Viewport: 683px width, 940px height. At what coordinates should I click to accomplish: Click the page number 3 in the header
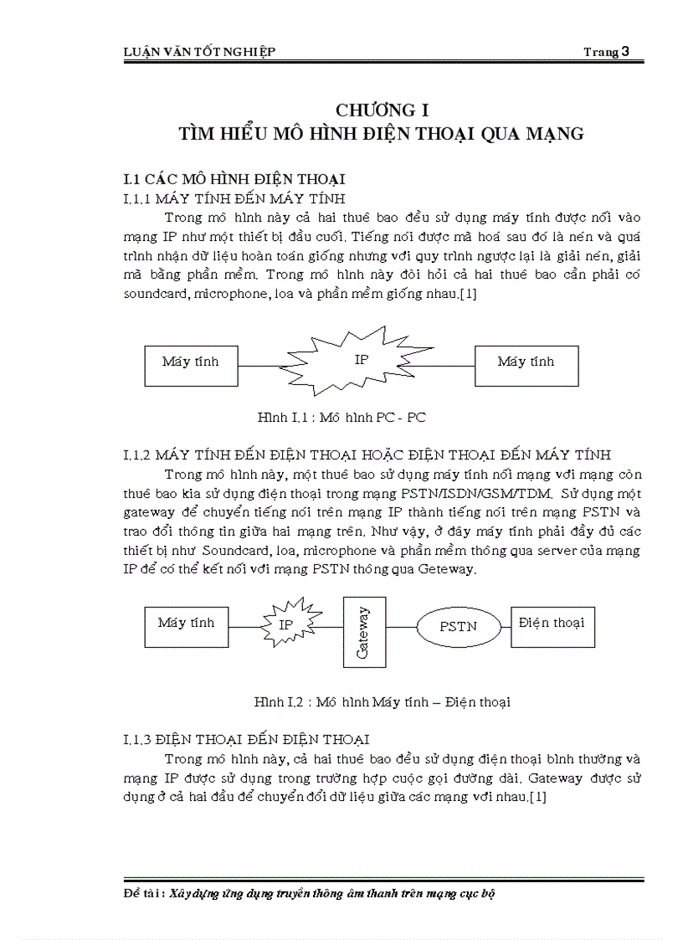(x=625, y=52)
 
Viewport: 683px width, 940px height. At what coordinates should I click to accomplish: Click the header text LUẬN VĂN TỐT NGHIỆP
(x=199, y=53)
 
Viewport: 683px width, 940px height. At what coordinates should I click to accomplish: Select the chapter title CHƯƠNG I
(x=381, y=110)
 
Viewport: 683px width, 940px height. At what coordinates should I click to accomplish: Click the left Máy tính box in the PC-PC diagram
(x=190, y=362)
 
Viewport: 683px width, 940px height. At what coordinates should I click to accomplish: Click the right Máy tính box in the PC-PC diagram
(x=526, y=362)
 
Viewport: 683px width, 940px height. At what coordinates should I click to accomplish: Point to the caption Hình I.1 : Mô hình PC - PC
(x=342, y=416)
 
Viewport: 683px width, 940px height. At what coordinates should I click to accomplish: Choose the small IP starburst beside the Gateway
(x=286, y=625)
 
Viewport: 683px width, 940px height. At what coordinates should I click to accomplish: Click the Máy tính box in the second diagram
(x=186, y=624)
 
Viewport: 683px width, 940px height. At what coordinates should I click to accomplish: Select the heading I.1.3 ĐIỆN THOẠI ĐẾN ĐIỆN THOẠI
(x=246, y=740)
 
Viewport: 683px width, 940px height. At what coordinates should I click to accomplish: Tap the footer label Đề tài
(x=143, y=893)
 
